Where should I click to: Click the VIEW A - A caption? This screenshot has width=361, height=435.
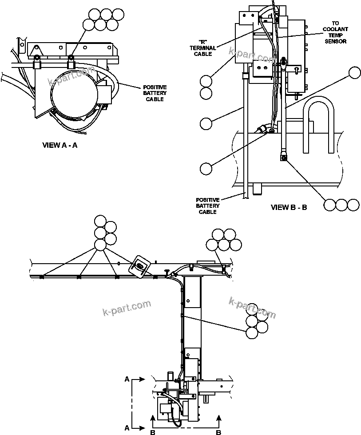tap(60, 145)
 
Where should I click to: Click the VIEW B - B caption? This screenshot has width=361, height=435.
tap(289, 207)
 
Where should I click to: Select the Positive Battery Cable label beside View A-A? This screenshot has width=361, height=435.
tap(155, 93)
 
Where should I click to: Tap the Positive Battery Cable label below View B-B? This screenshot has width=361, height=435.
tap(207, 206)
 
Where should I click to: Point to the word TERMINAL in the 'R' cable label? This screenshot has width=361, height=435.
tap(205, 48)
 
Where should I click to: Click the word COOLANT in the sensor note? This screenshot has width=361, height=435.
tap(335, 29)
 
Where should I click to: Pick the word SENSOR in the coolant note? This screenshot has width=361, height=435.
tap(335, 41)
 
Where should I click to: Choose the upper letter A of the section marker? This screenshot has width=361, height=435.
tap(127, 380)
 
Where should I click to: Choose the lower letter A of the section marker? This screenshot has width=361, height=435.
tap(127, 428)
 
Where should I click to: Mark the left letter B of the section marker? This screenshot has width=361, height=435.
tap(152, 431)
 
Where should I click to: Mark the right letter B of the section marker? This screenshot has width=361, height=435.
tap(218, 431)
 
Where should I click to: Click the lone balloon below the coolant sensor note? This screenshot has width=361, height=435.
tap(354, 73)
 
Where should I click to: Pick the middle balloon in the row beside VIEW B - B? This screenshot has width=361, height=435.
tap(341, 205)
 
